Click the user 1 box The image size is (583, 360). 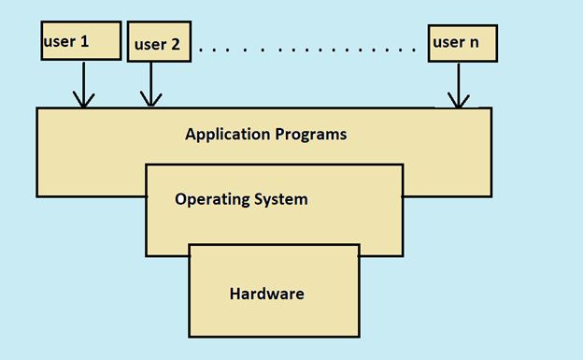(81, 41)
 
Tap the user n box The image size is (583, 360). (462, 43)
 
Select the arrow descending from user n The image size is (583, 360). (458, 85)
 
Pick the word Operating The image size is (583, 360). (211, 199)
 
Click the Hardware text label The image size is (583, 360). (267, 294)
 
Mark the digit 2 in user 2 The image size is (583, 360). (174, 44)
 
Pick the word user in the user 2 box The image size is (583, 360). (150, 44)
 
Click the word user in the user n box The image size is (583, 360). (448, 43)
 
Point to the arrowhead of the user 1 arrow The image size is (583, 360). (83, 101)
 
